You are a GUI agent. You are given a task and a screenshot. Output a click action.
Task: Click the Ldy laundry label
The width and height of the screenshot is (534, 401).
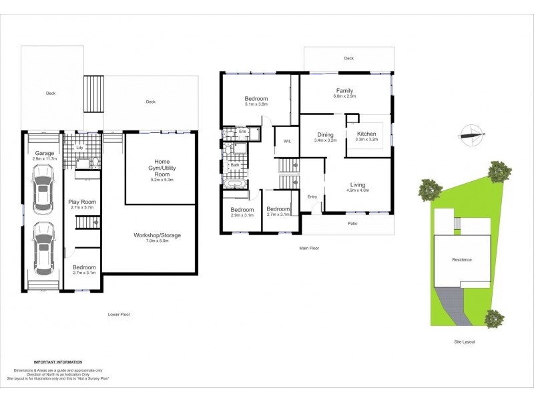(x=79, y=148)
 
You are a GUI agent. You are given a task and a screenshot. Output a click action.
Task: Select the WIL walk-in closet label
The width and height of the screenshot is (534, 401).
(x=287, y=141)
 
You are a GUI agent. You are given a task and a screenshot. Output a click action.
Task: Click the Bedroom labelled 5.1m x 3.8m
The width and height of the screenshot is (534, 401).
(x=257, y=102)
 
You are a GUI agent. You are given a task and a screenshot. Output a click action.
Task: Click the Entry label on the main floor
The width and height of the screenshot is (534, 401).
(x=312, y=196)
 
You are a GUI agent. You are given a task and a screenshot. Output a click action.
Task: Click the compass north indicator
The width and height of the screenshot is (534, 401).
(x=472, y=134)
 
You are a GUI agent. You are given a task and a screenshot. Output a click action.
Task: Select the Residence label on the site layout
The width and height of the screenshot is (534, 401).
(x=462, y=259)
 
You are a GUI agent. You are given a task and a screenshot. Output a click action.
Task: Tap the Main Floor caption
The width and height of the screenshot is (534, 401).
(x=307, y=248)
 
